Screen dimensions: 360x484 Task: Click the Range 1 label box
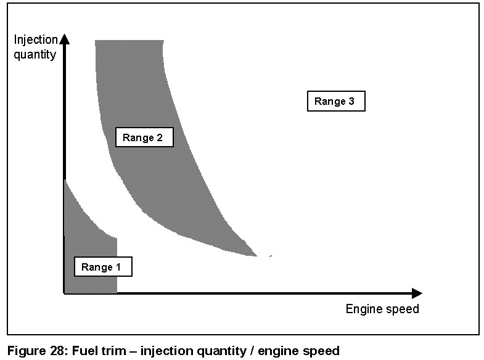(103, 267)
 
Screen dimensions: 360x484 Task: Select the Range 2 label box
(144, 137)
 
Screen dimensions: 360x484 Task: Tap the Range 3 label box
(336, 102)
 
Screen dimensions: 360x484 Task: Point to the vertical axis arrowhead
(65, 39)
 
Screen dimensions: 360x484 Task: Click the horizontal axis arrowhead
(417, 293)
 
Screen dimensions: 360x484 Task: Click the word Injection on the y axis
(36, 41)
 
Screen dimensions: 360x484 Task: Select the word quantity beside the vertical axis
(35, 54)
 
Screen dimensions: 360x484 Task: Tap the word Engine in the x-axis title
(363, 309)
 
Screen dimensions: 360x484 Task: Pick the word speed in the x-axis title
(402, 309)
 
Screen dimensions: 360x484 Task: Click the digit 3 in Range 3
(351, 102)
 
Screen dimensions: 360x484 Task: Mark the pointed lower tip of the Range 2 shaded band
(258, 255)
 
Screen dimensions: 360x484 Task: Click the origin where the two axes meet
(64, 293)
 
